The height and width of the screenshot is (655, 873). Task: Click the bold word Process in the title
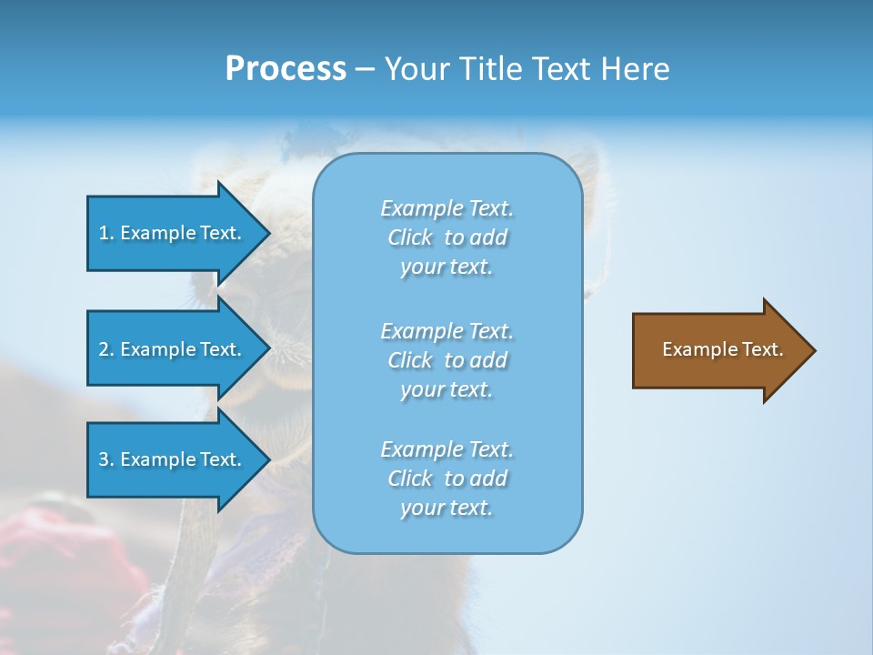tap(286, 69)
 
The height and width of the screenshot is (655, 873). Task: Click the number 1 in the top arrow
tap(104, 233)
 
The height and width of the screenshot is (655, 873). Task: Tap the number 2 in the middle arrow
tap(104, 349)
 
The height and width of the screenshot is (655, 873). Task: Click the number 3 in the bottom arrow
tap(104, 459)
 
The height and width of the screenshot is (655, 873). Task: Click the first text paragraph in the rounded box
tap(447, 237)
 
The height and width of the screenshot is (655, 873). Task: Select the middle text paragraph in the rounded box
tap(447, 360)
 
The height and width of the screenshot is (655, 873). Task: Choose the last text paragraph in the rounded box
tap(447, 479)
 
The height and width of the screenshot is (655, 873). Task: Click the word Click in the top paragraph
tap(410, 237)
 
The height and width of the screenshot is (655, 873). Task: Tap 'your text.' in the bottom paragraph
tap(447, 508)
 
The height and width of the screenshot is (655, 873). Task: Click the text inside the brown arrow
tap(722, 349)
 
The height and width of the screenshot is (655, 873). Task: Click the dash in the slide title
tap(365, 70)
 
